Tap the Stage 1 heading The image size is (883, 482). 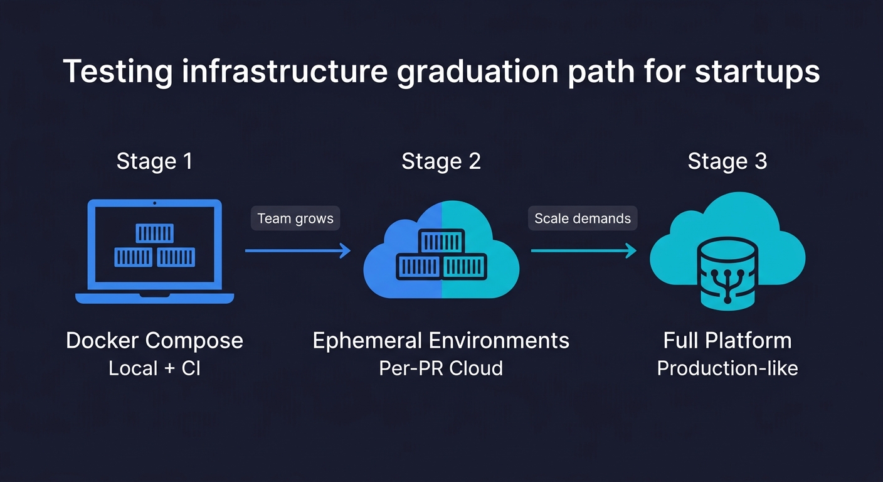(154, 161)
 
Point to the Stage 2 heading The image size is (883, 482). (441, 161)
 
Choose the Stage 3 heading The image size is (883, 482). (727, 161)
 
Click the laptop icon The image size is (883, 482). (154, 251)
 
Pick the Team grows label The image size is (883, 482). (295, 219)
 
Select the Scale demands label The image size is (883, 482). (583, 219)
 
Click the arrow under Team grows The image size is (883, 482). (297, 251)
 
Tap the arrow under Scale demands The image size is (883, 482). (583, 251)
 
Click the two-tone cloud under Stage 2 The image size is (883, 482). (441, 251)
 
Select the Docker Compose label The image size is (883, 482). (154, 341)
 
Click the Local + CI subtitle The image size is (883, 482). (154, 368)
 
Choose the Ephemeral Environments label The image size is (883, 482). (441, 341)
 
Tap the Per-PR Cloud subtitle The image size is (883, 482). (441, 368)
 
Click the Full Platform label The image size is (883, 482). (727, 341)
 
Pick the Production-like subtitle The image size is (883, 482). (727, 368)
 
